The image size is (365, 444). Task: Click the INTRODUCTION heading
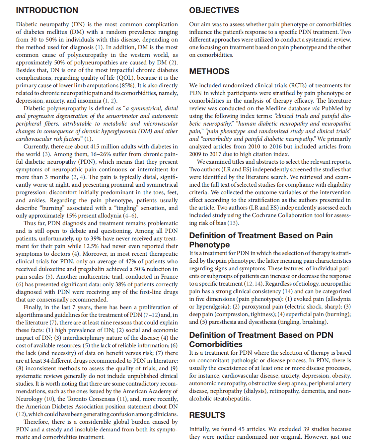(x=47, y=10)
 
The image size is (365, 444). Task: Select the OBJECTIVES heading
(x=214, y=10)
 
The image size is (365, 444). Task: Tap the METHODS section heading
(x=209, y=71)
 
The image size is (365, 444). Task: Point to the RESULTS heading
(x=207, y=415)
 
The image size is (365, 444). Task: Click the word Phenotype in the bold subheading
(x=209, y=245)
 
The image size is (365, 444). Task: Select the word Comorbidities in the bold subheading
(x=216, y=344)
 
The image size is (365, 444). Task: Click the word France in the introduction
(x=168, y=277)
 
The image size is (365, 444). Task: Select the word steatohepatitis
(x=229, y=399)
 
